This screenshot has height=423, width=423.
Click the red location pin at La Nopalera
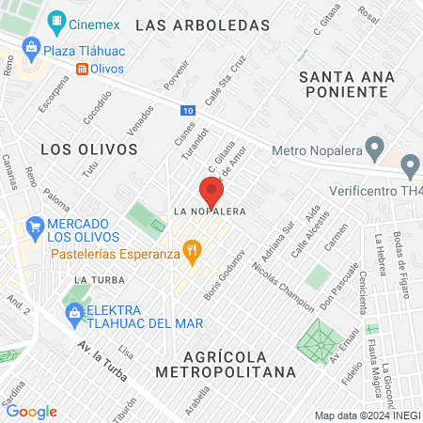(x=211, y=192)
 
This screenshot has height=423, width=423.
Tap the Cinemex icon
(x=58, y=19)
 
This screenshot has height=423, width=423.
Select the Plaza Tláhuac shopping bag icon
(x=32, y=47)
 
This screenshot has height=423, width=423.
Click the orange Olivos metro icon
(x=83, y=69)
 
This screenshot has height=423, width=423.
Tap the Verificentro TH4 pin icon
(x=410, y=168)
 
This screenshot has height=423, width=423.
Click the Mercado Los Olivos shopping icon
(x=35, y=226)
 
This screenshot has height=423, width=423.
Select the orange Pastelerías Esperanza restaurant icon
(x=192, y=250)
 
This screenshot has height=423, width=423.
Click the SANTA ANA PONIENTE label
(x=342, y=83)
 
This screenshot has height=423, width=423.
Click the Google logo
(x=31, y=412)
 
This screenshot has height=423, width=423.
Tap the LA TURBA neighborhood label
(x=94, y=280)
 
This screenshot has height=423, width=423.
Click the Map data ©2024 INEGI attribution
(x=367, y=415)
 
